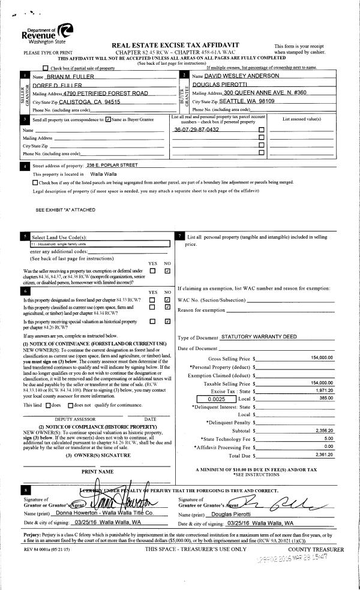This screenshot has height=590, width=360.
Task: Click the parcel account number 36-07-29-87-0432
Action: [196, 130]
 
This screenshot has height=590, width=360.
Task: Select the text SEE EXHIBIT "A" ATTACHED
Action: [65, 210]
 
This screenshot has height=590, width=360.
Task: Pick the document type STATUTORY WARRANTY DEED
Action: [259, 338]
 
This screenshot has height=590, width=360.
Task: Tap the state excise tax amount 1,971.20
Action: [323, 390]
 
